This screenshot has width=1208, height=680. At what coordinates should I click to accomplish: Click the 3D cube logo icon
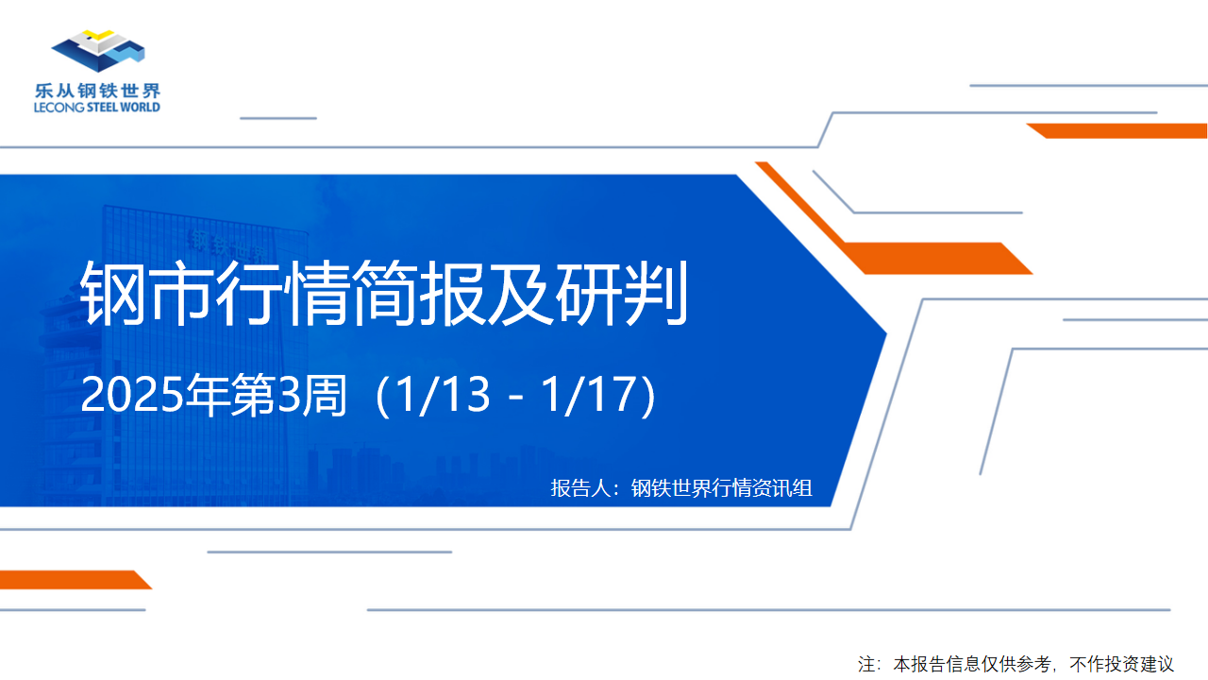(98, 51)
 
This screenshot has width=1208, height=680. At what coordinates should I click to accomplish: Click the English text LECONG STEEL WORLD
(97, 108)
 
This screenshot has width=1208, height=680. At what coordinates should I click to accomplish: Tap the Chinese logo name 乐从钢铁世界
(97, 91)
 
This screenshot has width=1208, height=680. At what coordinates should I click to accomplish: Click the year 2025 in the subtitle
(132, 395)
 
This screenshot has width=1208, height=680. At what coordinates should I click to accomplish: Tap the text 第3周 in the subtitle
(289, 395)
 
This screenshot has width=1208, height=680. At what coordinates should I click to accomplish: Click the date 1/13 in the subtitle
(443, 395)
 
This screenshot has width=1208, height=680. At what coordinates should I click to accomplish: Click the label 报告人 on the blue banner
(580, 488)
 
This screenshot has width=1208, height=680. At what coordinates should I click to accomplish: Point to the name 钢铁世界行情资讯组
(722, 488)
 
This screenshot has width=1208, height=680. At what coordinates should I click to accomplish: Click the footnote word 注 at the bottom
(866, 664)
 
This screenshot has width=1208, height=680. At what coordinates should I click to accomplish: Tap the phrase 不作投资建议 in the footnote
(1122, 664)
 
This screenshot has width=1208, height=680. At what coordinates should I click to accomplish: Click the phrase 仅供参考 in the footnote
(1015, 664)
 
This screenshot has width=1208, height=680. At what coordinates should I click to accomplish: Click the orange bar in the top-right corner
(1116, 130)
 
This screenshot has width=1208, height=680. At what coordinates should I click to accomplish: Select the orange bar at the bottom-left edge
(75, 580)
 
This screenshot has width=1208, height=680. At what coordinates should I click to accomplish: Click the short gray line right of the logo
(278, 118)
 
